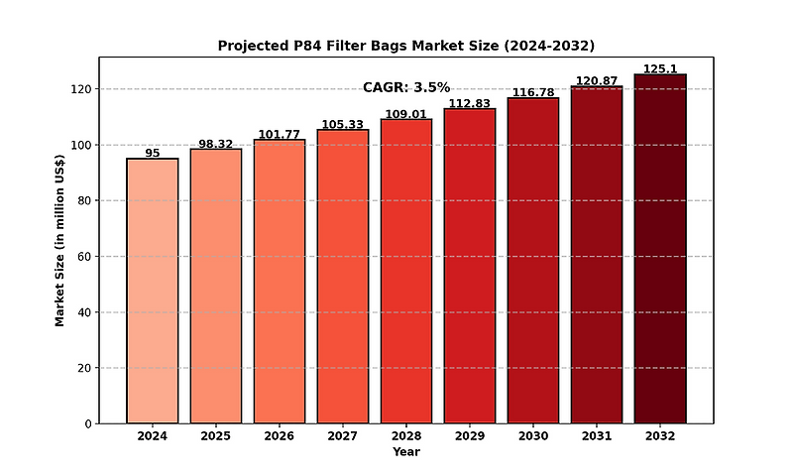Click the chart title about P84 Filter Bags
(x=406, y=46)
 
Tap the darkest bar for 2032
(x=660, y=249)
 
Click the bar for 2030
(x=533, y=260)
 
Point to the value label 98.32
(x=216, y=143)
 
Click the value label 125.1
(x=660, y=68)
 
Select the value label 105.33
(x=343, y=124)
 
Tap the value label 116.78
(x=533, y=92)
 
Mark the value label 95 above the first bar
(x=153, y=153)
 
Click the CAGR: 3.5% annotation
(x=406, y=87)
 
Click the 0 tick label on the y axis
(x=87, y=424)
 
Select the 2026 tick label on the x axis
(x=280, y=436)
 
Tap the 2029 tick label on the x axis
(x=470, y=436)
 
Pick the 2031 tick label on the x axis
(x=597, y=436)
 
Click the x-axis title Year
(x=406, y=452)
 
